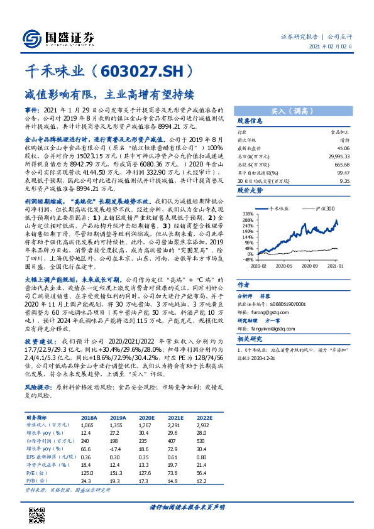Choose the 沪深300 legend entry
[x=319, y=207]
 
